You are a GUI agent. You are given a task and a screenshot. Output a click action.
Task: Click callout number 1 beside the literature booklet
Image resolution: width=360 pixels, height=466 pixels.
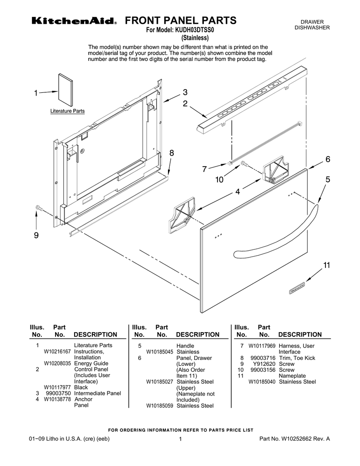(x=35, y=93)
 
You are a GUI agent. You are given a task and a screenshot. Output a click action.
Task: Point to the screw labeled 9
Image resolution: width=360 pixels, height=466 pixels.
(x=38, y=208)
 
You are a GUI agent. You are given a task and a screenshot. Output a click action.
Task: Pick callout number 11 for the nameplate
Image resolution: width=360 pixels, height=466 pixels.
(x=326, y=265)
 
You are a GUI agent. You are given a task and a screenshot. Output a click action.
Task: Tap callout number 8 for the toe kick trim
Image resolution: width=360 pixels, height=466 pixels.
(x=172, y=153)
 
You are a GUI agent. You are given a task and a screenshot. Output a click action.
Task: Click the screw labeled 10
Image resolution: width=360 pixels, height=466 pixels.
(x=243, y=163)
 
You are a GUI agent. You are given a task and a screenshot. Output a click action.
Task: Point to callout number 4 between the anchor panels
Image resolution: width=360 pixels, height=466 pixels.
(x=237, y=192)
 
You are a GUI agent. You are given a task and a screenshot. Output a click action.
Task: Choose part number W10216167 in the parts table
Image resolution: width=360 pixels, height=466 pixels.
(x=57, y=352)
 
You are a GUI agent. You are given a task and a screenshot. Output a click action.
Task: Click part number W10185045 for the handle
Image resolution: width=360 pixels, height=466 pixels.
(x=159, y=352)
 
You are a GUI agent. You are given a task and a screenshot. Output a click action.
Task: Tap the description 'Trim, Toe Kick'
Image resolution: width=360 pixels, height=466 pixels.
(x=297, y=358)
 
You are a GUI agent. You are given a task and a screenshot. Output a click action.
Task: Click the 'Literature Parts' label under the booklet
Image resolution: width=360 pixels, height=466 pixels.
(x=67, y=111)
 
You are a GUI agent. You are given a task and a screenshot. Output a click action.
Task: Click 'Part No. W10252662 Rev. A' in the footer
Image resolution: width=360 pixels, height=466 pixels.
(x=294, y=439)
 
